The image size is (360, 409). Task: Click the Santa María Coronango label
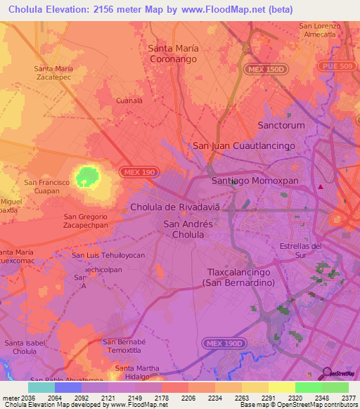coord(174,54)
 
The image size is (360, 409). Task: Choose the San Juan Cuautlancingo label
coord(243,145)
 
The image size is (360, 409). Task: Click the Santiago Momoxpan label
coord(255,181)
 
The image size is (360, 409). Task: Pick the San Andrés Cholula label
coord(188,229)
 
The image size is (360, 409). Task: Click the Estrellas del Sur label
coord(300,250)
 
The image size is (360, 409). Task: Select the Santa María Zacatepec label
coord(53,72)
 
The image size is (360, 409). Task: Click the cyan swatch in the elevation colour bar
coord(41,387)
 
